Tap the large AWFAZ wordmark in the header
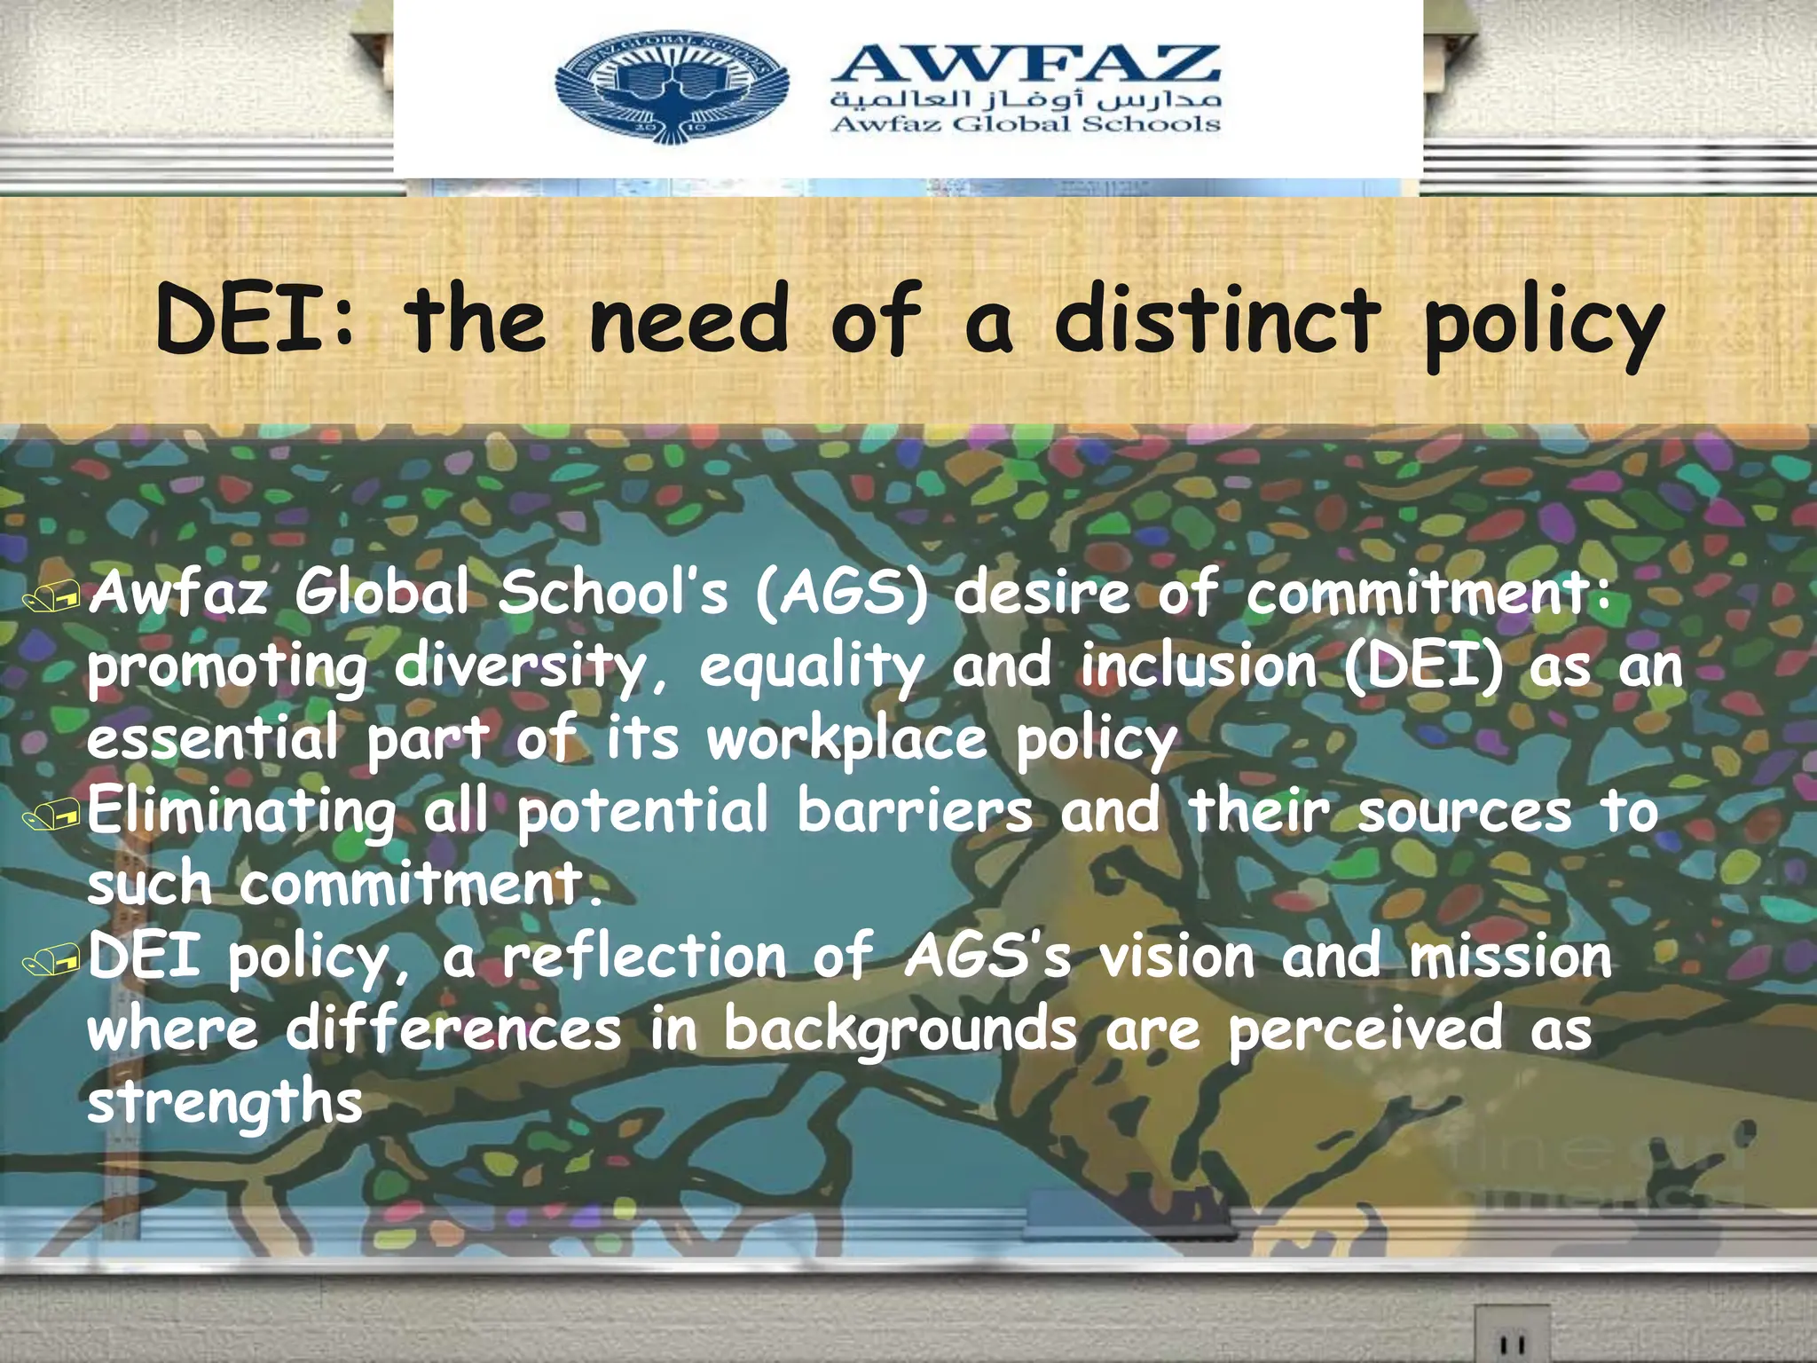coord(1026,63)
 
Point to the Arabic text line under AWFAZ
coord(1026,99)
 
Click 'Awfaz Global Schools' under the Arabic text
coord(1026,123)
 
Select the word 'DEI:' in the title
coord(256,319)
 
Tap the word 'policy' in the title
coord(1544,327)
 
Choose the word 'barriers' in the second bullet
coord(915,811)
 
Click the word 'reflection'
coord(645,957)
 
